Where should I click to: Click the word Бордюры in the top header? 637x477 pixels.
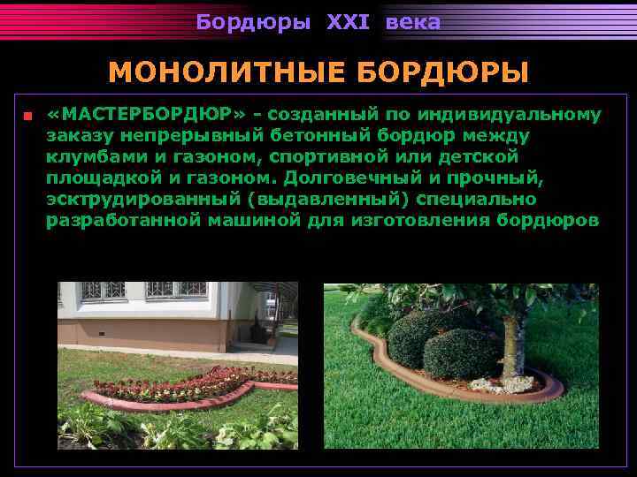(253, 23)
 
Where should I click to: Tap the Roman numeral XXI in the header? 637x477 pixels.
(348, 23)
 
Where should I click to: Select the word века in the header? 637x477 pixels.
(412, 23)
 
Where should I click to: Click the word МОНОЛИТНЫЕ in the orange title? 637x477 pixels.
(211, 72)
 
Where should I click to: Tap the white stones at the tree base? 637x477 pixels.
(501, 382)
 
